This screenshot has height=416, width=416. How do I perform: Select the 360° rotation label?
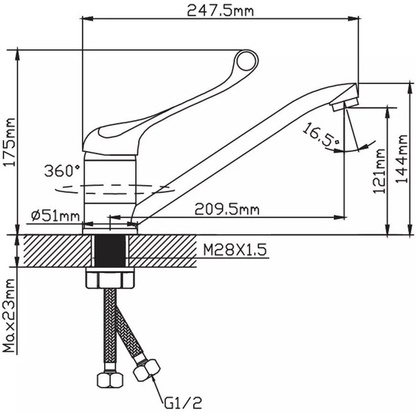[x=62, y=170]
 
